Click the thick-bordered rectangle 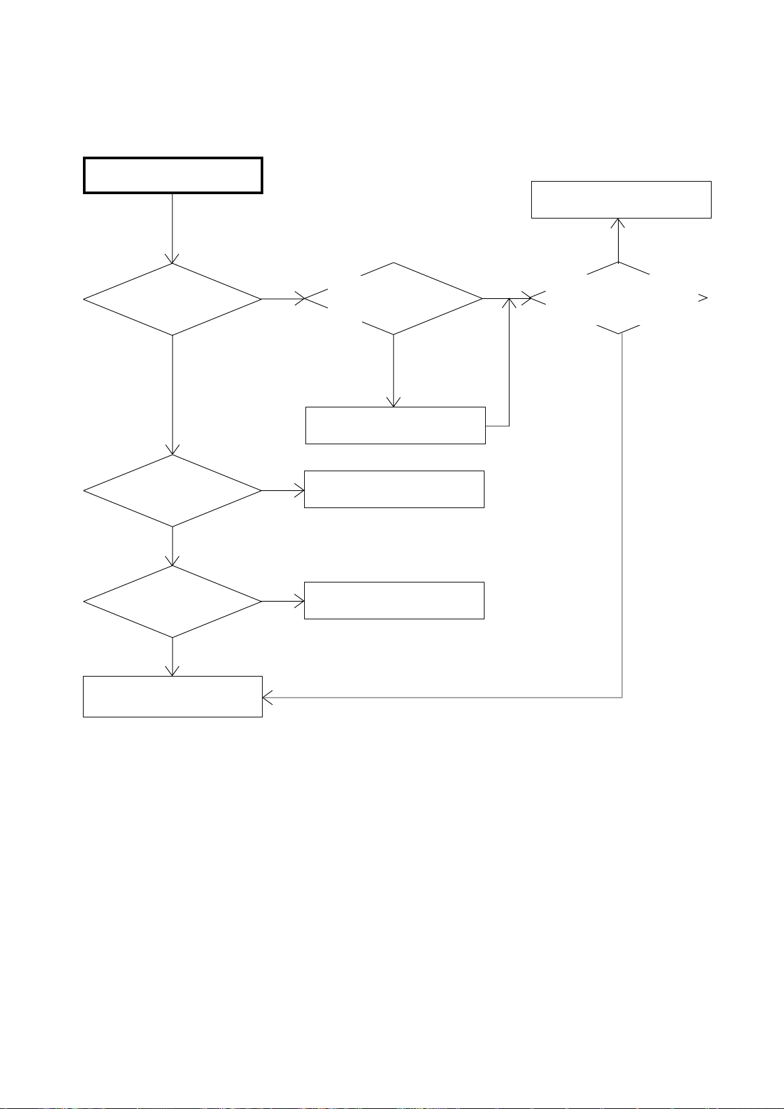pos(173,175)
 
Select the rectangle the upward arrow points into pos(621,199)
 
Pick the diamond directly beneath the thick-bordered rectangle pos(172,299)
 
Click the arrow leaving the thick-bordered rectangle pos(172,228)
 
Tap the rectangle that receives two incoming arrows pos(172,696)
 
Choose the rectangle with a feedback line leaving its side pos(395,425)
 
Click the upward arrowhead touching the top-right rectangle pos(619,224)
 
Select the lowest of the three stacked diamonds pos(172,602)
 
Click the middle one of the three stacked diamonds pos(172,490)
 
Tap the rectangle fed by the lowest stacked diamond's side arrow pos(394,600)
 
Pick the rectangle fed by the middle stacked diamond pos(394,489)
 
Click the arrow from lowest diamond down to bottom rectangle pos(172,657)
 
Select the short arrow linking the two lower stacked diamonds pos(172,546)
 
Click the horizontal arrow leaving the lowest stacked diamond pos(283,601)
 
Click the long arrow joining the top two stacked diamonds pos(172,395)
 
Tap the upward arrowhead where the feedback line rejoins pos(510,303)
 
